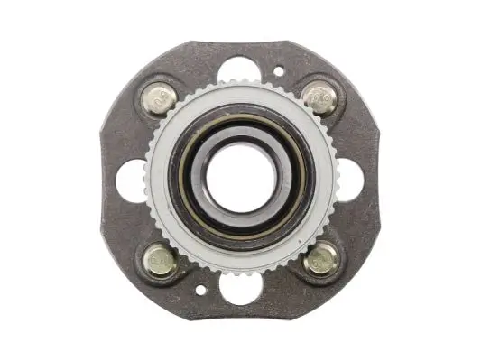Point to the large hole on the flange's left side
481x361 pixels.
click(132, 179)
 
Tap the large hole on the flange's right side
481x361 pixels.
click(350, 179)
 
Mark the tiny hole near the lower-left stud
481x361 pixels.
click(198, 291)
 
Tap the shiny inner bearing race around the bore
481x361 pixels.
click(240, 210)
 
